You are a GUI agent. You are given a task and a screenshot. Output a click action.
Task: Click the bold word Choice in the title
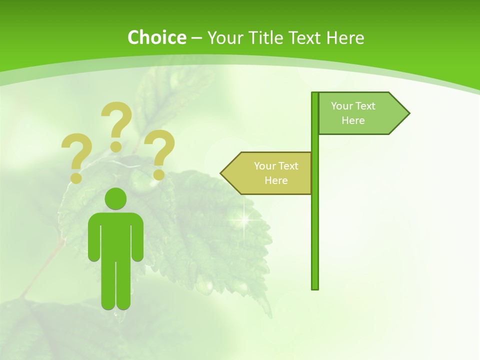pyautogui.click(x=156, y=37)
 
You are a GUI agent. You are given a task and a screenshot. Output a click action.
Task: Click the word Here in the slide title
pyautogui.click(x=345, y=37)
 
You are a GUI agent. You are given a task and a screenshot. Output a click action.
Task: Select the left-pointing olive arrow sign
pyautogui.click(x=267, y=173)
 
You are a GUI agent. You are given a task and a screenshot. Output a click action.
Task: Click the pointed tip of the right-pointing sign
pyautogui.click(x=408, y=113)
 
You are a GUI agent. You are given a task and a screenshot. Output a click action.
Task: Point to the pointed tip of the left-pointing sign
pyautogui.click(x=222, y=173)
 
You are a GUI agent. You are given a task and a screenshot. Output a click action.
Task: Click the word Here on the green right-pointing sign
pyautogui.click(x=353, y=120)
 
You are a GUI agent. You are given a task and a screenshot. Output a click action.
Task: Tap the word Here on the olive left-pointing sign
pyautogui.click(x=276, y=180)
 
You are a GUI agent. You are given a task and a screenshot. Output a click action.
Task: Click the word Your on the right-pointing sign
pyautogui.click(x=342, y=105)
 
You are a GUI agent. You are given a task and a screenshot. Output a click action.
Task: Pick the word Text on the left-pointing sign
pyautogui.click(x=288, y=165)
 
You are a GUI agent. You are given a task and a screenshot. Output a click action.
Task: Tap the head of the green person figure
pyautogui.click(x=115, y=199)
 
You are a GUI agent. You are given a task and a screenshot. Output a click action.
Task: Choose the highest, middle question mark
pyautogui.click(x=116, y=125)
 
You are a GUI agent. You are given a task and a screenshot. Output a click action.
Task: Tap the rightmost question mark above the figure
pyautogui.click(x=160, y=152)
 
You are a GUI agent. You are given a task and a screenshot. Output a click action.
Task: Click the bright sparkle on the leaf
pyautogui.click(x=244, y=218)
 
